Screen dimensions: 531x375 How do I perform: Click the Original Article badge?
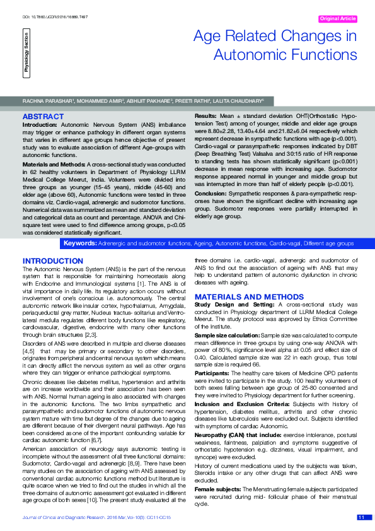tap(338, 19)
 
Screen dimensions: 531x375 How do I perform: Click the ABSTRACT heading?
tap(43, 117)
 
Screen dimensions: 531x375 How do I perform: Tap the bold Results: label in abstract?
tap(206, 117)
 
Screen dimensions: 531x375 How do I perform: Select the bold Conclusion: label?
tap(211, 194)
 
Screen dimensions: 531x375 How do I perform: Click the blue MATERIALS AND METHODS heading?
tap(245, 296)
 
